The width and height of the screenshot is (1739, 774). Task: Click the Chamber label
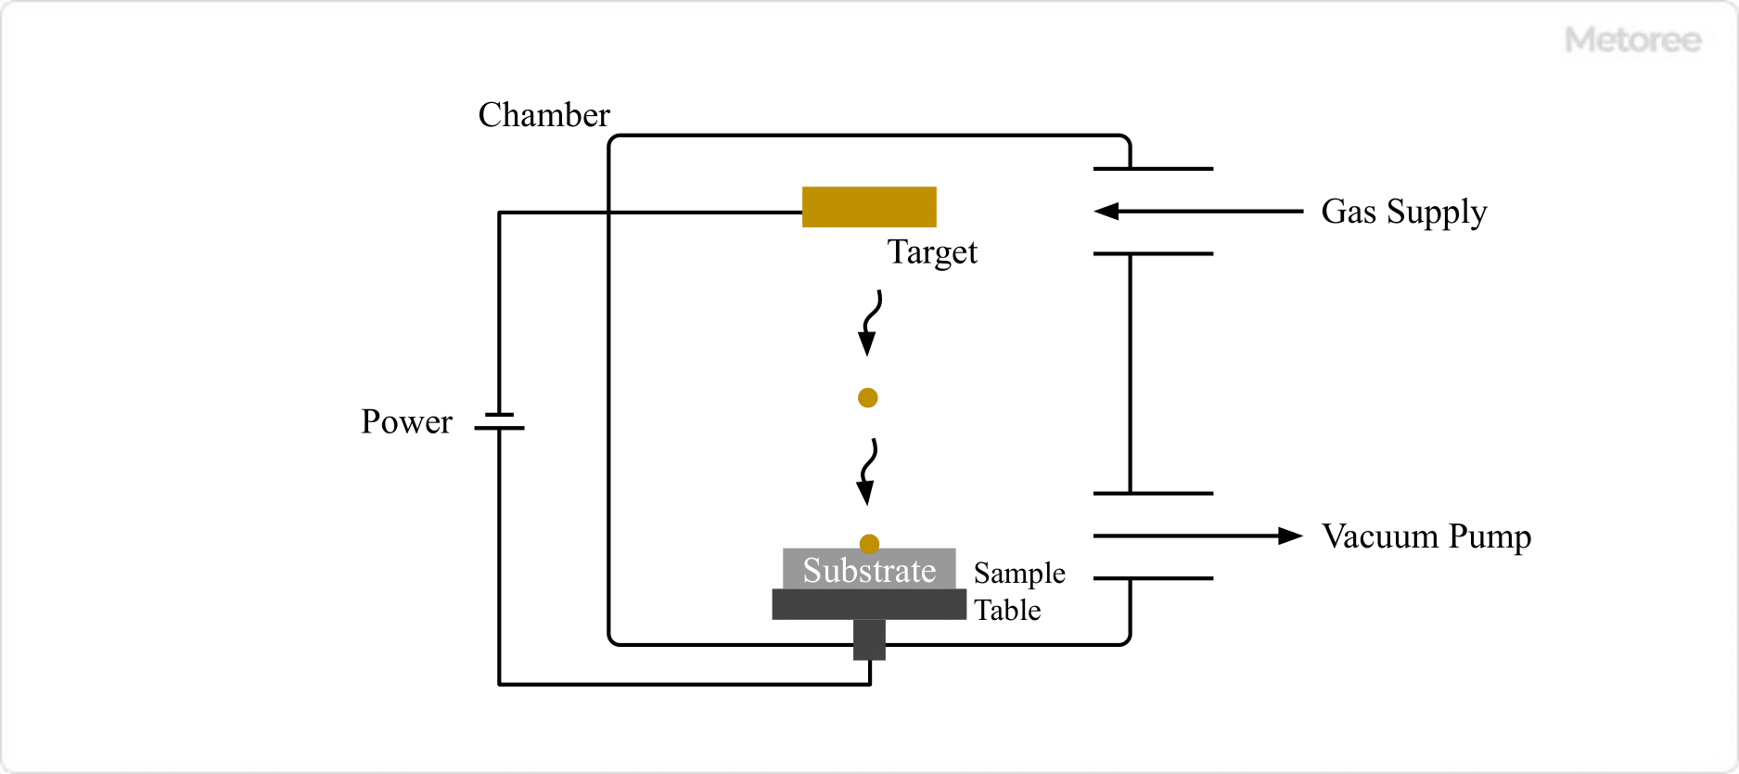coord(543,115)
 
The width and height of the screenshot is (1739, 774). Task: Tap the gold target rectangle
coord(869,207)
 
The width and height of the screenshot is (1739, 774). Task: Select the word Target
coord(932,252)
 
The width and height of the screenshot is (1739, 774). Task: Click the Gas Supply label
coord(1403,213)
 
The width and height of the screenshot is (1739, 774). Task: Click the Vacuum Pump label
coord(1426,536)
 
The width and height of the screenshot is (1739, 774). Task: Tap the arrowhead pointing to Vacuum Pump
coord(1290,535)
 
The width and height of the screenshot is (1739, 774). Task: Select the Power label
coord(406,422)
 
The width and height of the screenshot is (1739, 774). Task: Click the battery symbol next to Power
coord(500,421)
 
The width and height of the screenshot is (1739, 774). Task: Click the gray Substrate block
coord(869,569)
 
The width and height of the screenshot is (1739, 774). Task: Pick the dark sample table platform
coord(869,604)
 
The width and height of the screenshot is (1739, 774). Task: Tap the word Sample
coord(1019,574)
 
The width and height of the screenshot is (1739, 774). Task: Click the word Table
coord(1007,611)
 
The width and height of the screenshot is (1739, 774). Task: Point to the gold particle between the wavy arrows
coord(868,398)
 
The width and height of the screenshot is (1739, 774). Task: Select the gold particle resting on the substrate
coord(869,543)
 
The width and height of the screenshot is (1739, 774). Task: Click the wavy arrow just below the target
coord(870,323)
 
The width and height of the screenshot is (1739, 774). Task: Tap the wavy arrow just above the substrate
coord(869,471)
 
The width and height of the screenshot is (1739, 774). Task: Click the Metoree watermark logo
coord(1632,40)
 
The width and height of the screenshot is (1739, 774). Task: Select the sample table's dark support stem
coord(869,639)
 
